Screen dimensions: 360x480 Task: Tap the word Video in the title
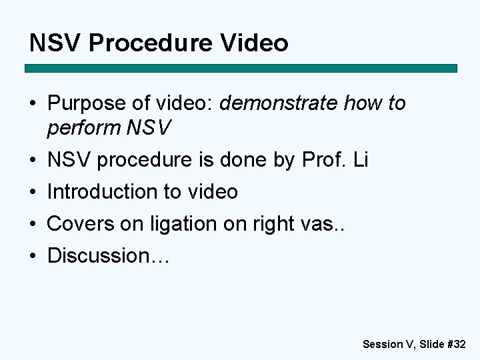point(257,43)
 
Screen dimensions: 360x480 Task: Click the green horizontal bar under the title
point(241,68)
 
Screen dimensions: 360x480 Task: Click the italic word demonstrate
point(277,104)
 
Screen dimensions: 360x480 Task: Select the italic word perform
point(83,127)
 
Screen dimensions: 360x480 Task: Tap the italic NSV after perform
point(148,127)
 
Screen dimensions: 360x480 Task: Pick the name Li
point(360,160)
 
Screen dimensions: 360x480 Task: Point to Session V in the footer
point(388,345)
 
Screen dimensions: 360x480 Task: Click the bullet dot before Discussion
point(33,256)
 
